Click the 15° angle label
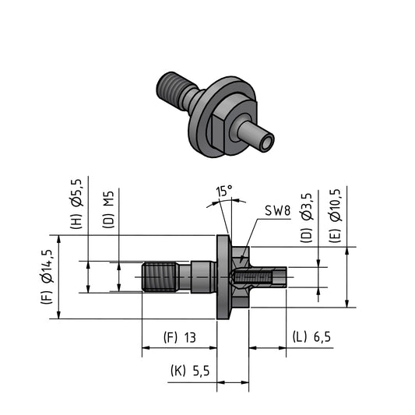(224, 191)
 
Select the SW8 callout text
(278, 211)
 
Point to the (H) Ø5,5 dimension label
(77, 204)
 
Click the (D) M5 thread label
(108, 209)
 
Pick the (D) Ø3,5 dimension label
(307, 218)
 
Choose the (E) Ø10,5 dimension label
(335, 216)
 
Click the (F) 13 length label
(180, 337)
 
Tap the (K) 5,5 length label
(190, 371)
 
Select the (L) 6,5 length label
(311, 337)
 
